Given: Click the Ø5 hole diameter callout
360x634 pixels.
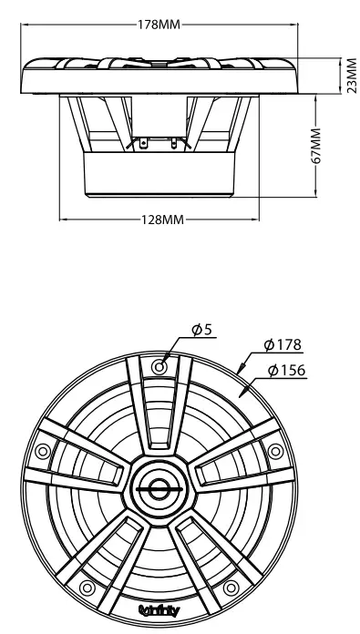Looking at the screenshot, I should point(202,330).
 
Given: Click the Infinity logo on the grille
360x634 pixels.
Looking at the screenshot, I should point(160,608).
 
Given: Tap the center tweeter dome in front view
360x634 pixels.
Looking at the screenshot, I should point(160,489).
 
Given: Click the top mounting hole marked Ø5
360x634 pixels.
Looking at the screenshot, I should point(160,366).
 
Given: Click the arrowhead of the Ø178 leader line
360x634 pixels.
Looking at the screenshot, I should point(239,372).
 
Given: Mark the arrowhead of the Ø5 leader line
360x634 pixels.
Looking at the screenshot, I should point(166,359).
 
